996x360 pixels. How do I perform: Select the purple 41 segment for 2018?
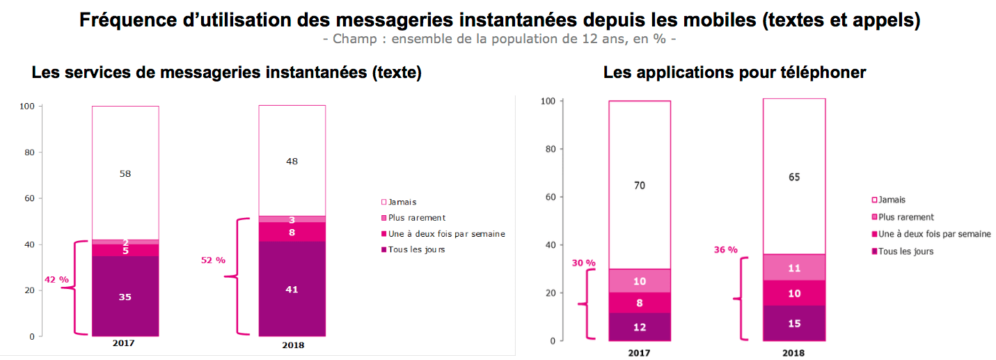[x=292, y=289]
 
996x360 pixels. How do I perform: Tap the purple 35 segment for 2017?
[x=125, y=297]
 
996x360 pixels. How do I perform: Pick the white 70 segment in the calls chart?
[x=640, y=186]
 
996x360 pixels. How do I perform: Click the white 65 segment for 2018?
[x=794, y=177]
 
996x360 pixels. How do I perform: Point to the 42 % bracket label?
[x=56, y=279]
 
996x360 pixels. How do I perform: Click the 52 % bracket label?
[x=214, y=260]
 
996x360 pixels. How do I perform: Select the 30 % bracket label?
[x=584, y=263]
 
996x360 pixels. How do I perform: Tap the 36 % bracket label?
[x=725, y=249]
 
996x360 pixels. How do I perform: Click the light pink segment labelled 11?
[x=794, y=267]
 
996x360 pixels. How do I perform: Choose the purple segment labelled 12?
[x=640, y=327]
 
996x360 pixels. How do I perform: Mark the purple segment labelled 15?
[x=794, y=324]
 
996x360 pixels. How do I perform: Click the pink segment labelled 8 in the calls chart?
[x=640, y=303]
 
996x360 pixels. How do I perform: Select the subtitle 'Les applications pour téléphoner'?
[x=734, y=72]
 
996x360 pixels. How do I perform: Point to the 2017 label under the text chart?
[x=123, y=344]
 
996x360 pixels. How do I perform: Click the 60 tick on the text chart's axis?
[x=30, y=198]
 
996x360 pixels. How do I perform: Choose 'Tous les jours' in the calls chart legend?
[x=906, y=251]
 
